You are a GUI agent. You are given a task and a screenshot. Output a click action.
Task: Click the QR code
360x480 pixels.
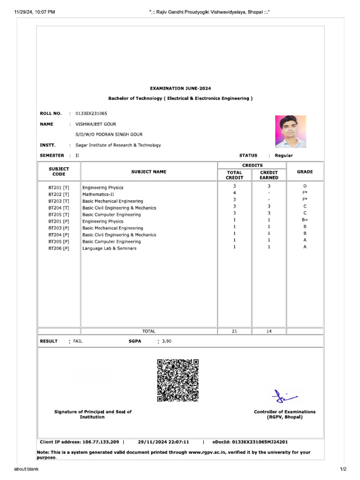[178, 380]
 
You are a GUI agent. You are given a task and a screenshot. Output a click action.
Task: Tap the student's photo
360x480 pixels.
[290, 131]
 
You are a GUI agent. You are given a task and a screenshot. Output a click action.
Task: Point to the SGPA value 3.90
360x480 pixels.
[166, 341]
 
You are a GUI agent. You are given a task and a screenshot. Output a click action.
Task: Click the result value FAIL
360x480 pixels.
[78, 341]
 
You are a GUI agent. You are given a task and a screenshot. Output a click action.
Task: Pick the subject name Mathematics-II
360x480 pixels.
[98, 194]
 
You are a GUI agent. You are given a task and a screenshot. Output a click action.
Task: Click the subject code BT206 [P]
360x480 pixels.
[59, 248]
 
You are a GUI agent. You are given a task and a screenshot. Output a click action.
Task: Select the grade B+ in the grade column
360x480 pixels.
[305, 219]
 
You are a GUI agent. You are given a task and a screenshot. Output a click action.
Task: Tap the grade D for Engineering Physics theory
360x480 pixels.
[305, 186]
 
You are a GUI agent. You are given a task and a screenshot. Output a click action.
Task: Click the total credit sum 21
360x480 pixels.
[234, 331]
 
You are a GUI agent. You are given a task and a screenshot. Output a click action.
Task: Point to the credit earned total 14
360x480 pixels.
[269, 331]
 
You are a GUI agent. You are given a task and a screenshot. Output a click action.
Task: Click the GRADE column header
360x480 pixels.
[305, 172]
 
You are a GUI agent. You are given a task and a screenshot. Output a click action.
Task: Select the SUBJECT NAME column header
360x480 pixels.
[149, 172]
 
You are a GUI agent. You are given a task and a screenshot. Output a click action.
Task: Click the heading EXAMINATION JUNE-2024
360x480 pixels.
[180, 88]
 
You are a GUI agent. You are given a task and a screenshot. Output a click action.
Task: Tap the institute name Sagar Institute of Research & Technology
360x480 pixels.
[118, 145]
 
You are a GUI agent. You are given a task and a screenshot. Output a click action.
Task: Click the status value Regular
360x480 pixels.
[284, 156]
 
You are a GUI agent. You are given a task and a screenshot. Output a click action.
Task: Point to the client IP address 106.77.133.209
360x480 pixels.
[101, 442]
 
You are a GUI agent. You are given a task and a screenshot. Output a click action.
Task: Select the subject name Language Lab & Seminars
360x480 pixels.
[109, 248]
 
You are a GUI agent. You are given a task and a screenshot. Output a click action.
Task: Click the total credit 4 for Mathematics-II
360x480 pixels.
[234, 193]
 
